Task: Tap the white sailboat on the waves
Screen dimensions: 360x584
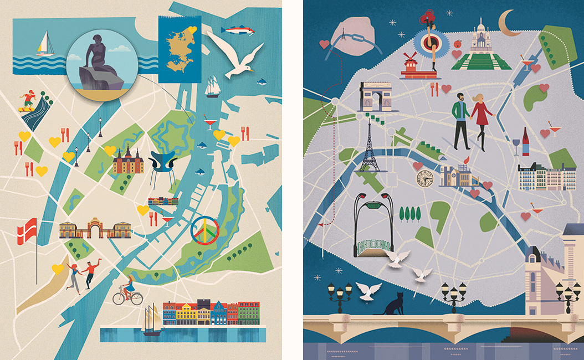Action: [x=44, y=44]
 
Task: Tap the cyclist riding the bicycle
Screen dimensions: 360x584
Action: [x=128, y=291]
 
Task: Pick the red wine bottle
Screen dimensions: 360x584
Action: [x=525, y=142]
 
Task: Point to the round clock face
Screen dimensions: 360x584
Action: [x=425, y=178]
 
